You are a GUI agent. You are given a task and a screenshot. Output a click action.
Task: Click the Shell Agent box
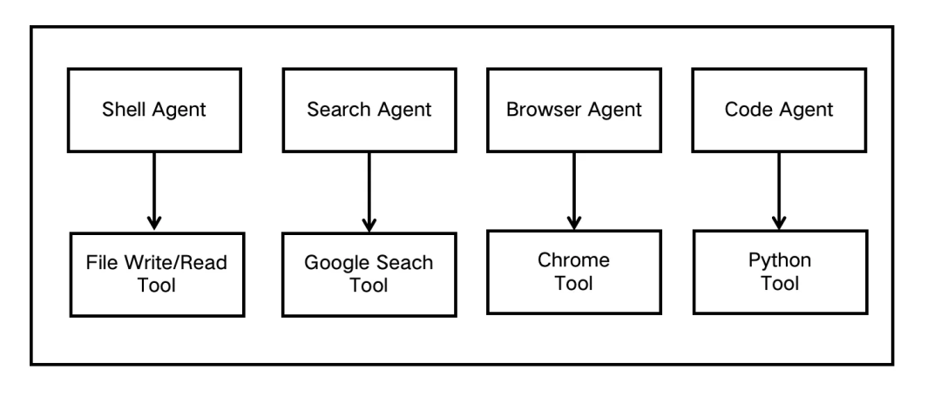click(x=154, y=110)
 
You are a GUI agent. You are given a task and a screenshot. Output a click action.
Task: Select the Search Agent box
click(x=369, y=110)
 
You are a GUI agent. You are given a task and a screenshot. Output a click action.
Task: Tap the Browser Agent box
click(x=573, y=110)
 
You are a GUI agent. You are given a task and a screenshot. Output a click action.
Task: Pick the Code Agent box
click(x=779, y=110)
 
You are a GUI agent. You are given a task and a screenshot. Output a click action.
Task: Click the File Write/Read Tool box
click(x=157, y=274)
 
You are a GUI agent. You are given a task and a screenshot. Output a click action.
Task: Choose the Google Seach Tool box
click(x=369, y=274)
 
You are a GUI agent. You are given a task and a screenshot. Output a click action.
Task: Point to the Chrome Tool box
click(x=573, y=272)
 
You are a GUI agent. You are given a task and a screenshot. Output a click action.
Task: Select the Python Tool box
click(x=780, y=272)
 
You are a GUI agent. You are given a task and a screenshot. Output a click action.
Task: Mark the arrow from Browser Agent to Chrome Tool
click(x=573, y=191)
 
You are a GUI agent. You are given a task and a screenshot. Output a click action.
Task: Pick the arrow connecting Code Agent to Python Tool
click(x=779, y=191)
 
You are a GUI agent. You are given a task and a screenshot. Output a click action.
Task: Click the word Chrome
click(x=573, y=259)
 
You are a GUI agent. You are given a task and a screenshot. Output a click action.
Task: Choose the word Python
click(x=780, y=261)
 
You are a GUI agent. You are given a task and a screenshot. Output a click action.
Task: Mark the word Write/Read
click(x=176, y=262)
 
